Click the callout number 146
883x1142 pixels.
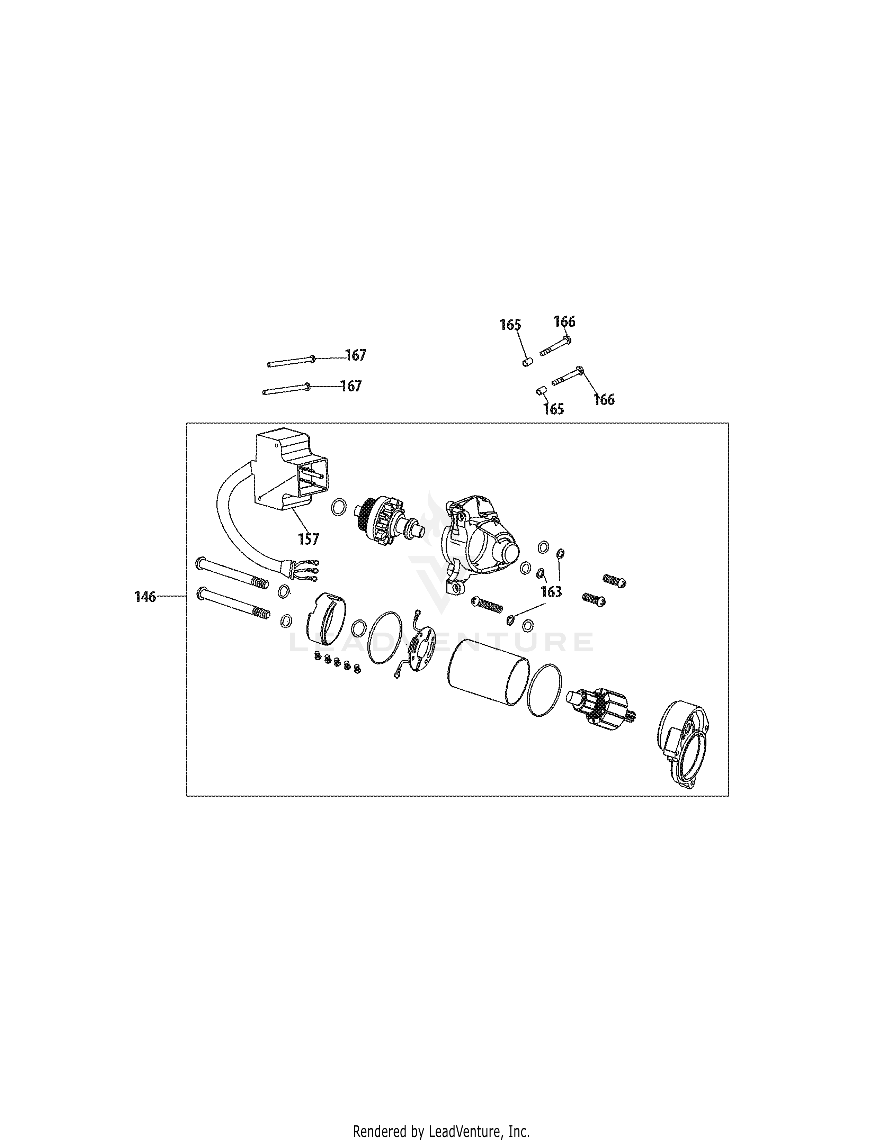point(145,597)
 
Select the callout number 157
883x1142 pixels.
point(309,539)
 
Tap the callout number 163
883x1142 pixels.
point(551,591)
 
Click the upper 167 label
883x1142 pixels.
point(356,355)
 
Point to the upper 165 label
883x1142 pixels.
point(510,325)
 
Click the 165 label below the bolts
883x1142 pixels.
point(553,409)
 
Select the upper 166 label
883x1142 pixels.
point(564,321)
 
